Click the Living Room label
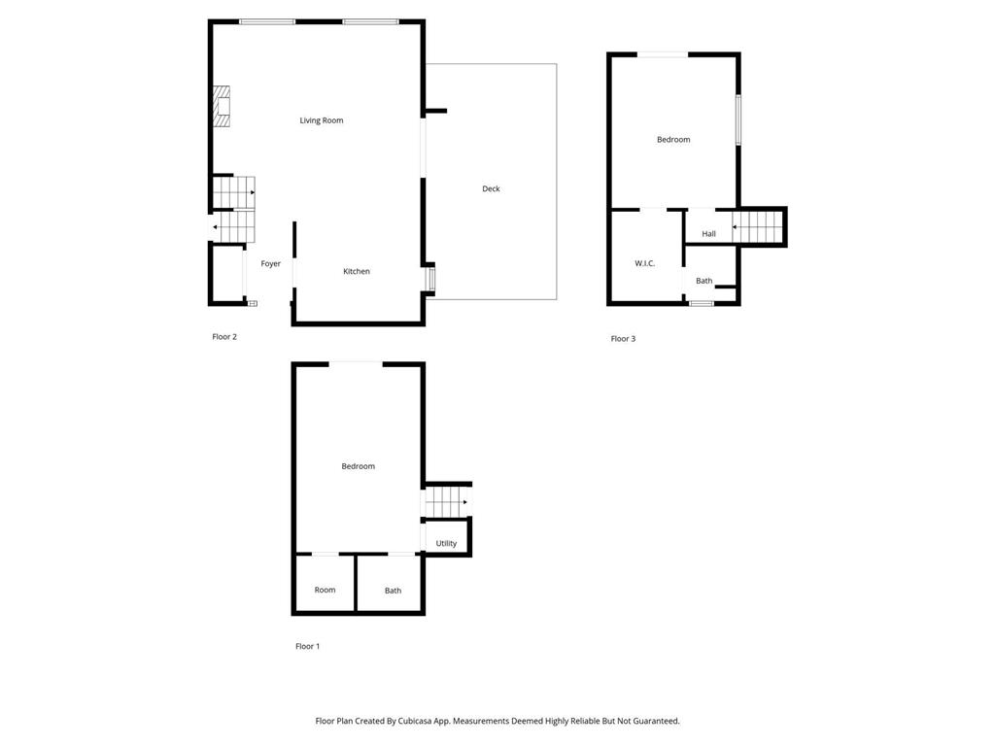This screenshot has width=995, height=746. [x=321, y=120]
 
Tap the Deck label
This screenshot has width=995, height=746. [x=491, y=188]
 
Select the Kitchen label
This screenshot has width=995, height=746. [x=356, y=271]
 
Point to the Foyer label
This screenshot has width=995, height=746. [x=270, y=263]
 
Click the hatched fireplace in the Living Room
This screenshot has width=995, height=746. [x=223, y=107]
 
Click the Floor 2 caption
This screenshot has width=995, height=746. [x=224, y=337]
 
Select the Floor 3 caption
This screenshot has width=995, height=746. [x=623, y=339]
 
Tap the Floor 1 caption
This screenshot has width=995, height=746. [x=307, y=646]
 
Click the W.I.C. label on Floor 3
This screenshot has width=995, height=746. [x=644, y=263]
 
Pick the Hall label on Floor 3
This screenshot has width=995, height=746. [x=708, y=234]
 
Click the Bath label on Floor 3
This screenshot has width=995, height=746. [x=703, y=281]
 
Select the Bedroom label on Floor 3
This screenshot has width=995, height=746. [x=672, y=140]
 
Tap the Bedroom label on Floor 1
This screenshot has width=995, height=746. [x=358, y=466]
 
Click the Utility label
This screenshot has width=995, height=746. [x=446, y=543]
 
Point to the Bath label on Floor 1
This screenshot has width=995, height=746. [x=393, y=591]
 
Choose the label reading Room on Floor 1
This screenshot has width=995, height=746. [x=325, y=590]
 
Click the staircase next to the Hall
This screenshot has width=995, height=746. [x=757, y=227]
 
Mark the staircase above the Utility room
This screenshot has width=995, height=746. [x=446, y=502]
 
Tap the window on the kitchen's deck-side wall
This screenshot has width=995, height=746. [x=430, y=279]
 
